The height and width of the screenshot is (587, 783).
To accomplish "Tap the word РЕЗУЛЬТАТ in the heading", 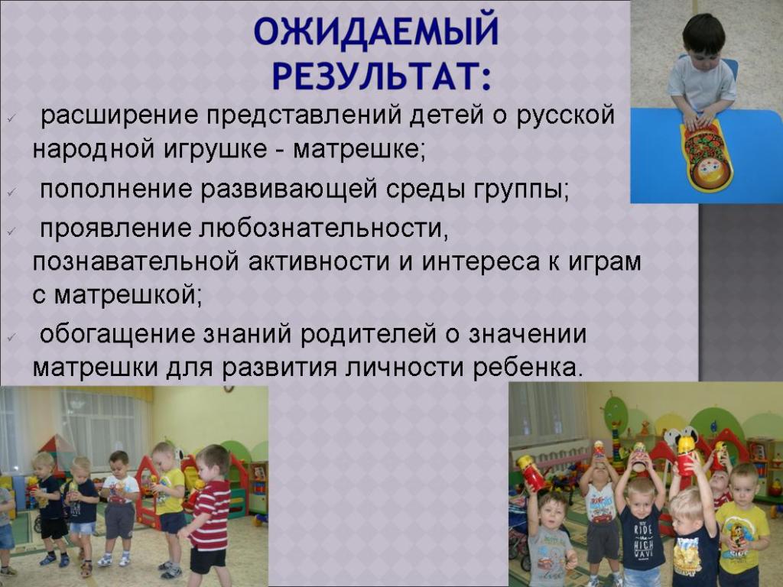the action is (376, 76).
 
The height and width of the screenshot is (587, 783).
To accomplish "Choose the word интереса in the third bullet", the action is (481, 263).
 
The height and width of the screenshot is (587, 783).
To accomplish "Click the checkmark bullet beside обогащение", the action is (11, 337).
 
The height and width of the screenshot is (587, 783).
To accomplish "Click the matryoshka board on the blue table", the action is (703, 156).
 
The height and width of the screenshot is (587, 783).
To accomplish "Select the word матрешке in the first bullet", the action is (359, 150).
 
